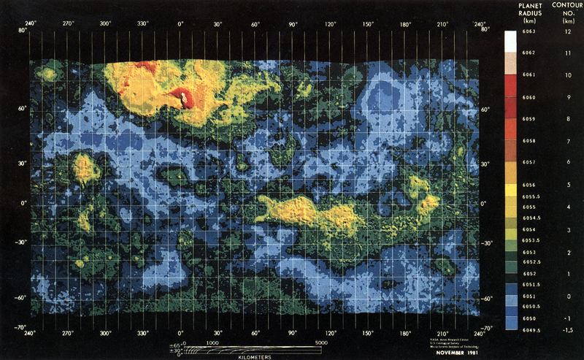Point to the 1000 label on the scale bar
tap(213, 341)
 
